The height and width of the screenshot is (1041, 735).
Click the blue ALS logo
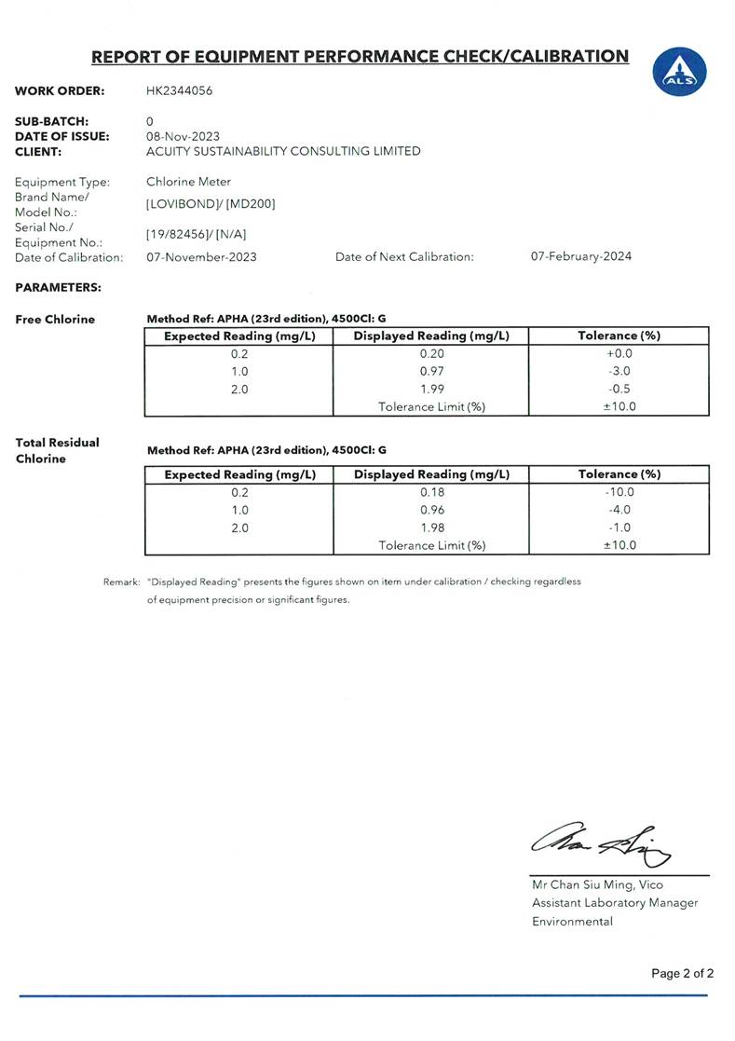(679, 71)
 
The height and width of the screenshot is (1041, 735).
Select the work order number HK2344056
(186, 91)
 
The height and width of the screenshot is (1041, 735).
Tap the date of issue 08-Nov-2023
(184, 136)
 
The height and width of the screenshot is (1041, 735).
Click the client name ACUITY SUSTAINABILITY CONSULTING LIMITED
(283, 151)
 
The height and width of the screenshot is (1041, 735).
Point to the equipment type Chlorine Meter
(188, 182)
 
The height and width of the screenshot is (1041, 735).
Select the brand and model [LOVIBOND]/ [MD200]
(211, 204)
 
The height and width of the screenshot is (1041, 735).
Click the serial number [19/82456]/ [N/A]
(197, 234)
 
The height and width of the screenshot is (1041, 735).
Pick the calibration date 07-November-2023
(201, 256)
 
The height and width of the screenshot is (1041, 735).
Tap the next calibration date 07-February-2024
(580, 256)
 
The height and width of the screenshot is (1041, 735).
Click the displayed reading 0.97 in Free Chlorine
(431, 372)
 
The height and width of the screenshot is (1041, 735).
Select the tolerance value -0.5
(619, 390)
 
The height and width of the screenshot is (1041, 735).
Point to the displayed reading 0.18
(431, 492)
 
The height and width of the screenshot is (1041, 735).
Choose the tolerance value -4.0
(619, 510)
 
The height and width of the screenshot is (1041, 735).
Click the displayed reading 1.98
(431, 527)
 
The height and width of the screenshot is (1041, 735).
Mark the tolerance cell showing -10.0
(619, 492)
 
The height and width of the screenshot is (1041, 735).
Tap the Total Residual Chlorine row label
(58, 450)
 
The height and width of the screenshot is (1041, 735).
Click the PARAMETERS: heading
(58, 287)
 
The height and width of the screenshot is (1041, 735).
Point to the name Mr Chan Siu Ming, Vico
(597, 884)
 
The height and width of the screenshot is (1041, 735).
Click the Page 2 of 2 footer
(682, 974)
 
